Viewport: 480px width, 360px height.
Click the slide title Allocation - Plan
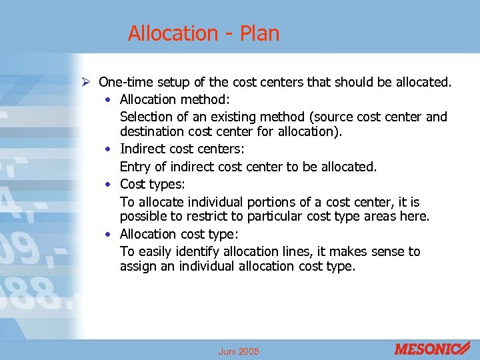click(203, 33)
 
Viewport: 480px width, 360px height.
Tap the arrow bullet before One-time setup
click(85, 83)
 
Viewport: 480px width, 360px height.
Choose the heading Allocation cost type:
click(179, 234)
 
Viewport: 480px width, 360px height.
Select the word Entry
click(135, 167)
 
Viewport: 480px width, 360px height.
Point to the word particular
click(277, 217)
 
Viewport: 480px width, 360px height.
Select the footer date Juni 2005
click(239, 351)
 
